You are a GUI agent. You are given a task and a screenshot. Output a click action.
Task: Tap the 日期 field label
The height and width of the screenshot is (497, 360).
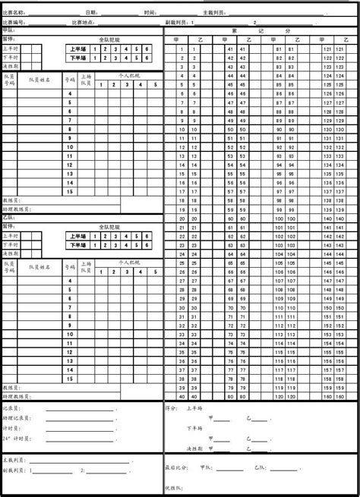tap(91, 13)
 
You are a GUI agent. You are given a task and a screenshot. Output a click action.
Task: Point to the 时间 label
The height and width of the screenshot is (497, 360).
tap(150, 13)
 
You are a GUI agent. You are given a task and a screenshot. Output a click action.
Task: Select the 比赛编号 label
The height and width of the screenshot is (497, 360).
tap(14, 22)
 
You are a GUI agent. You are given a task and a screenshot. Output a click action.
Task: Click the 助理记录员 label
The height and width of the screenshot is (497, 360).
tap(17, 418)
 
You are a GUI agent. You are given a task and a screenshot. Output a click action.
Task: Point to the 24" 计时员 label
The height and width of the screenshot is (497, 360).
tap(17, 438)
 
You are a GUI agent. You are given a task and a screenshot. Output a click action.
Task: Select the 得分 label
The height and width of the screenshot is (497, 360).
tap(171, 408)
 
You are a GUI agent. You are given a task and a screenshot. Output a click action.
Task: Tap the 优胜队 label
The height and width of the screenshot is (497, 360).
tap(173, 487)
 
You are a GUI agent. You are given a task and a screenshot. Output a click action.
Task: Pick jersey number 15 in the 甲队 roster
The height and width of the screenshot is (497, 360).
tap(70, 192)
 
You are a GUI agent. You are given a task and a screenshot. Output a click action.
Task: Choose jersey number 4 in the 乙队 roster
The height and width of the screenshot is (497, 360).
tap(70, 281)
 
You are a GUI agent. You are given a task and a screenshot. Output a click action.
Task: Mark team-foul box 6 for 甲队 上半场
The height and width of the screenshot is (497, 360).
tap(147, 49)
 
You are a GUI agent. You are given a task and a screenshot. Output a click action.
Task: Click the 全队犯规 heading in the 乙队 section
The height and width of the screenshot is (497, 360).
tap(109, 226)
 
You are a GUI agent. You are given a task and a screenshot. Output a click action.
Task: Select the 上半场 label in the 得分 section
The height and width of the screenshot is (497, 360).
tap(194, 408)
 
